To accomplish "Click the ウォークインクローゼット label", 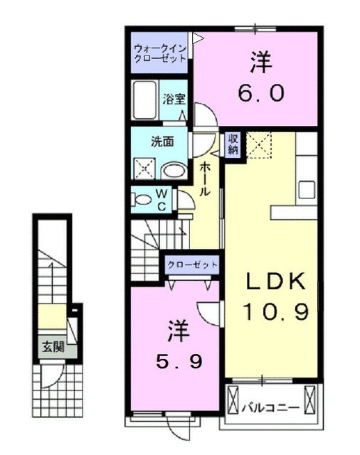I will (159, 53).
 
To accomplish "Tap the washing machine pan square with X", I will (145, 168).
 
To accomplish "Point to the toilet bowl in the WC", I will (142, 200).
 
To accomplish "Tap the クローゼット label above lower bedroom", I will (192, 264).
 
